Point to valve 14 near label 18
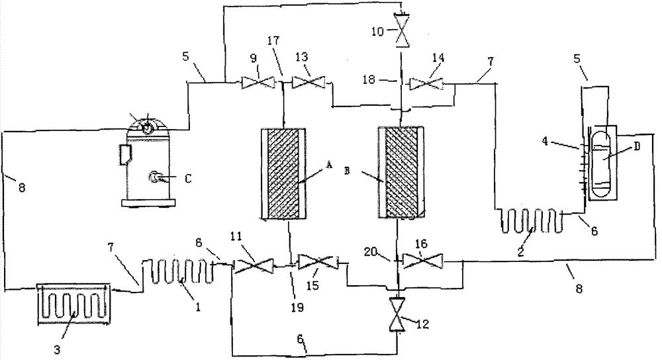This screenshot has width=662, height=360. (x=423, y=84)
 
